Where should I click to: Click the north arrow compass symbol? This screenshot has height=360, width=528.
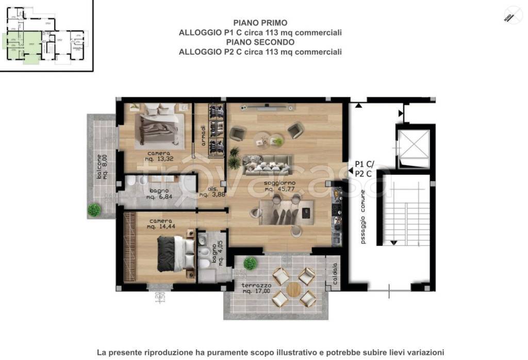coord(513,14)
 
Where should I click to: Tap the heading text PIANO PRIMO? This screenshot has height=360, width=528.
coord(260,23)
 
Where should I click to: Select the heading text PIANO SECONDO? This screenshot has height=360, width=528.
coord(260,42)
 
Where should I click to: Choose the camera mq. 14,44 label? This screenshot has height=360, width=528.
coord(160,224)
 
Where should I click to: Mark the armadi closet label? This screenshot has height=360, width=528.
coord(204,135)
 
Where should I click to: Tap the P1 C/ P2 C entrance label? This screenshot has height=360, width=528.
coord(365,169)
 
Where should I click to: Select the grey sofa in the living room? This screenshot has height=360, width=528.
coord(267,163)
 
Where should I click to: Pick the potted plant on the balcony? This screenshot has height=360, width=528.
coord(94,209)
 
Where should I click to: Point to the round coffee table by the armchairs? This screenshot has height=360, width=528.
coord(264,139)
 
